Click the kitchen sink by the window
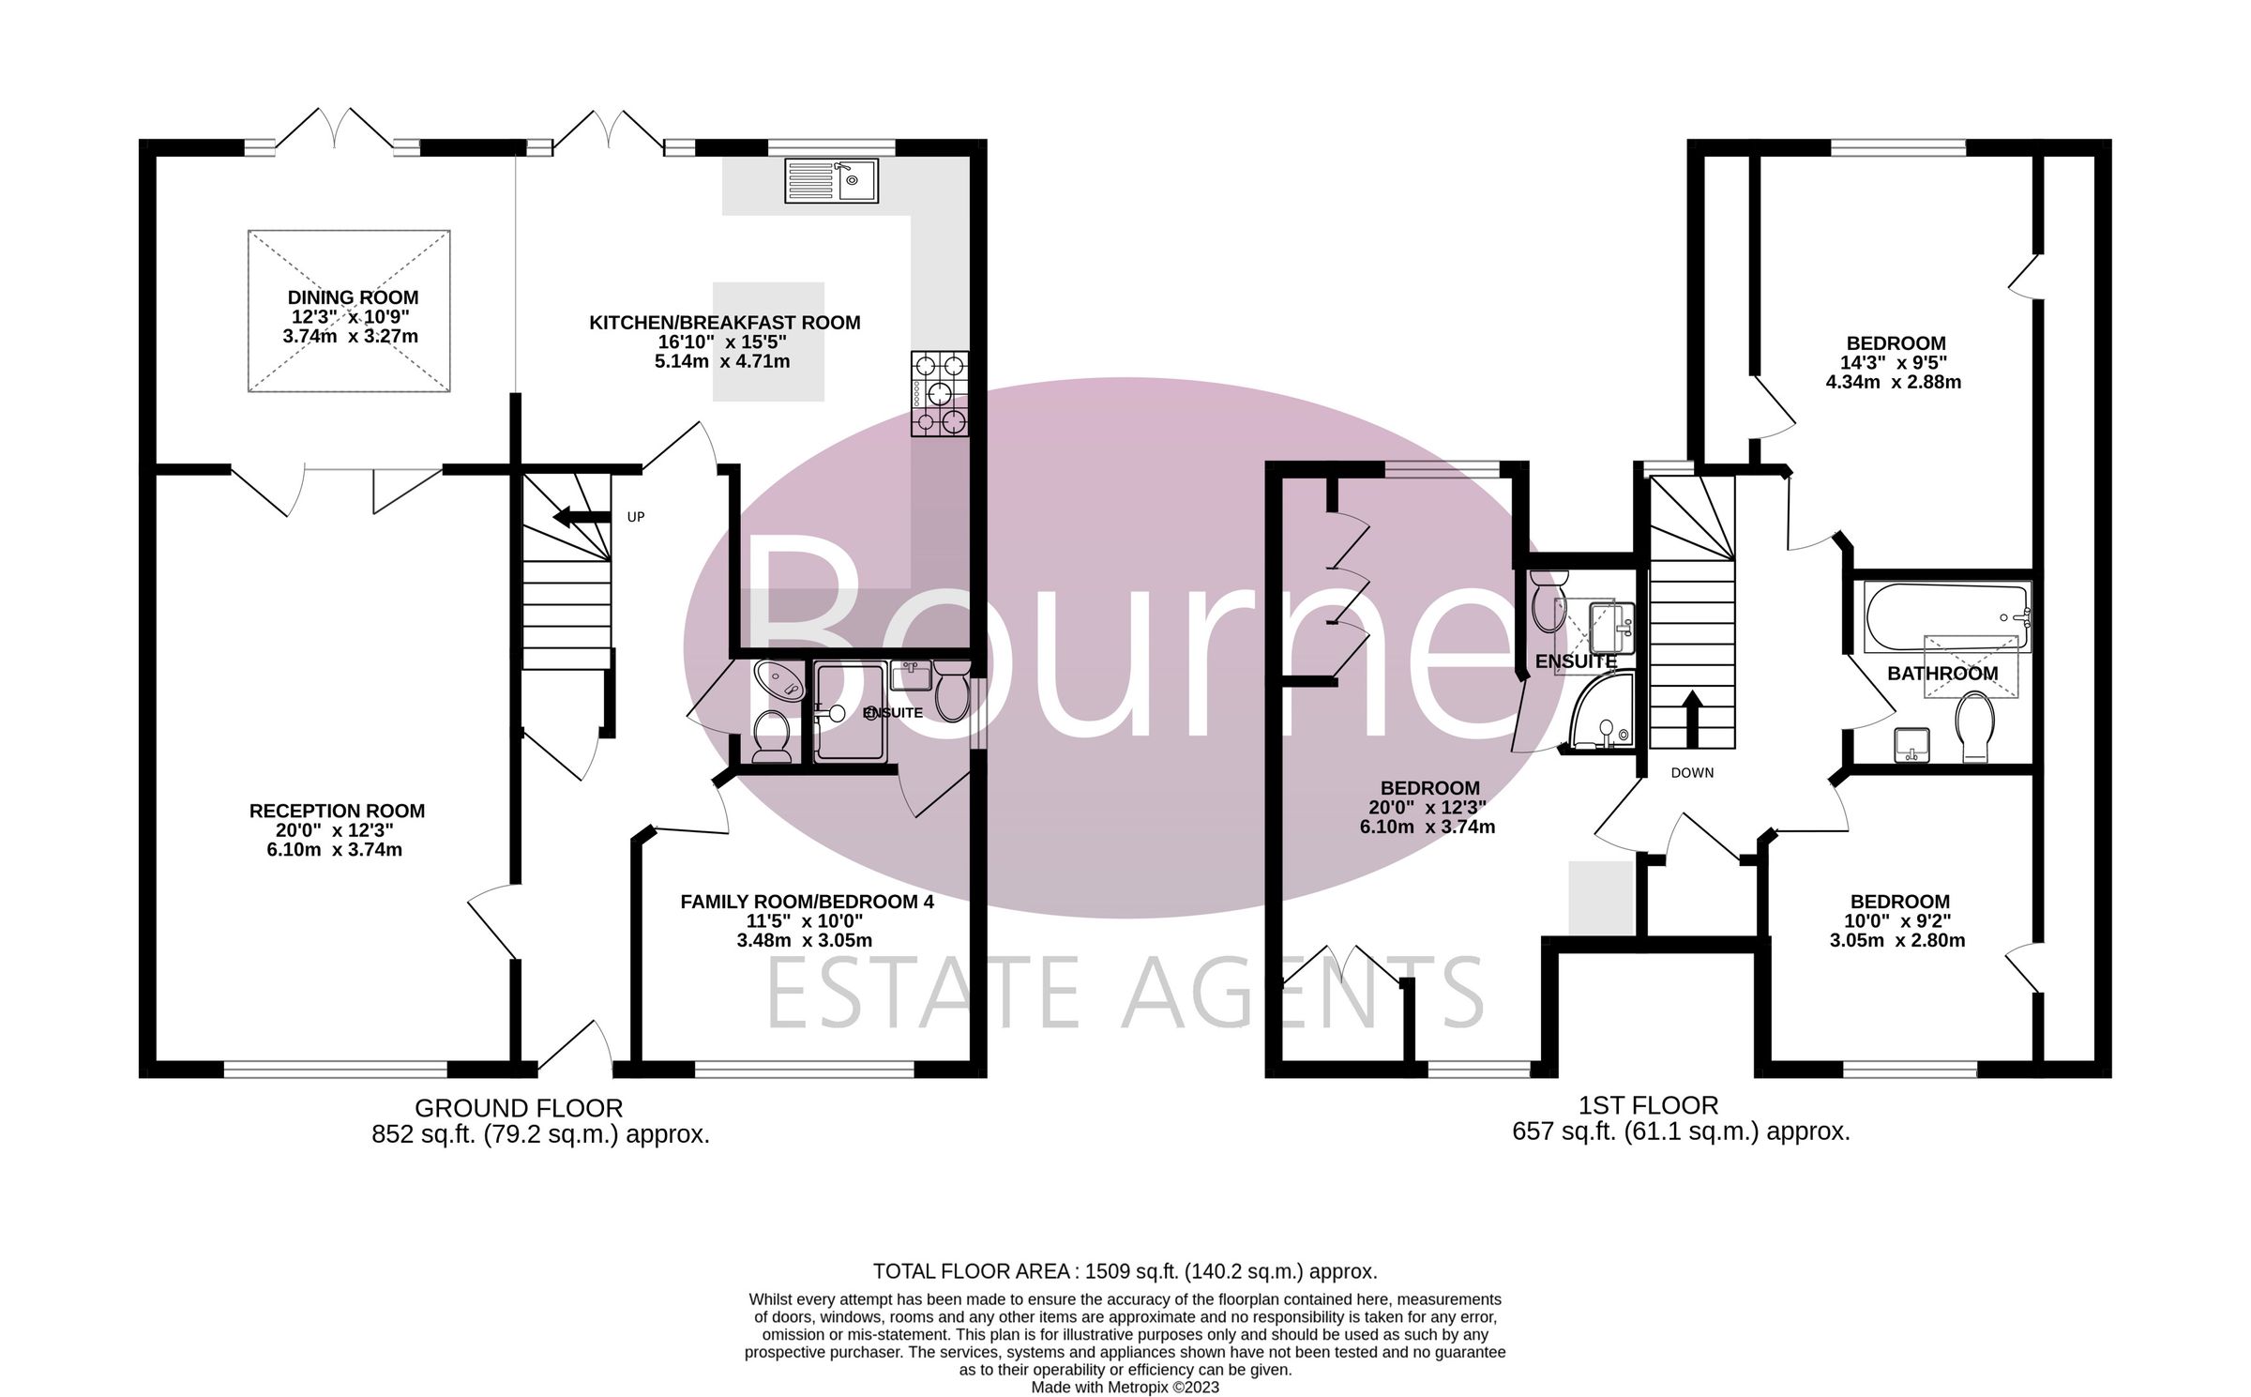click(x=831, y=181)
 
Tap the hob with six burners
click(x=940, y=393)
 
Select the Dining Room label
click(x=353, y=297)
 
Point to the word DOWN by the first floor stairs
click(x=1692, y=773)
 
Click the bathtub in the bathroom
click(x=1945, y=617)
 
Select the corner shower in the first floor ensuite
click(x=1601, y=718)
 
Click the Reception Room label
click(x=337, y=811)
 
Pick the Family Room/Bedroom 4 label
click(x=807, y=902)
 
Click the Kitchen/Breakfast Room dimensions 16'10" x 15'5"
click(x=722, y=342)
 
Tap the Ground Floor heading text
click(x=519, y=1108)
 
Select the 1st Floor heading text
click(x=1680, y=1105)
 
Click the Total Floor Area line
click(x=1125, y=1271)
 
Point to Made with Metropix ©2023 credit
click(x=1125, y=1387)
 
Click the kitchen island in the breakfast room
click(x=768, y=342)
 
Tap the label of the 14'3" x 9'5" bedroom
click(x=1896, y=343)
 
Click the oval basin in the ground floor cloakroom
click(x=778, y=679)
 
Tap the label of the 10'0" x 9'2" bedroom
click(x=1899, y=902)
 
